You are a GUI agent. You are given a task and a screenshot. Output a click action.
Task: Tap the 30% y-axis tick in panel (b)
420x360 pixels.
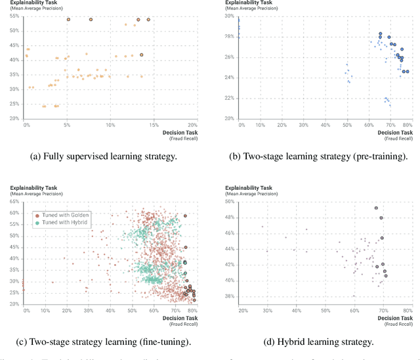(230, 16)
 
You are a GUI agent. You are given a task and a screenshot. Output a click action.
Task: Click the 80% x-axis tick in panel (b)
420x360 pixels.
(407, 124)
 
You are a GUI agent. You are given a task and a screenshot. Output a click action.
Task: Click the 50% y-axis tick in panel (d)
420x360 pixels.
(230, 202)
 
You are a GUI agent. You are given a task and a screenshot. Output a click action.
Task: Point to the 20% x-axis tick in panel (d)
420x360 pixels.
(243, 310)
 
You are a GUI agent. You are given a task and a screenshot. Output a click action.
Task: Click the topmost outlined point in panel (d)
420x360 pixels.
(376, 208)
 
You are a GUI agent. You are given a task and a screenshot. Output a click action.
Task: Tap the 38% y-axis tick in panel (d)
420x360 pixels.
(230, 296)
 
